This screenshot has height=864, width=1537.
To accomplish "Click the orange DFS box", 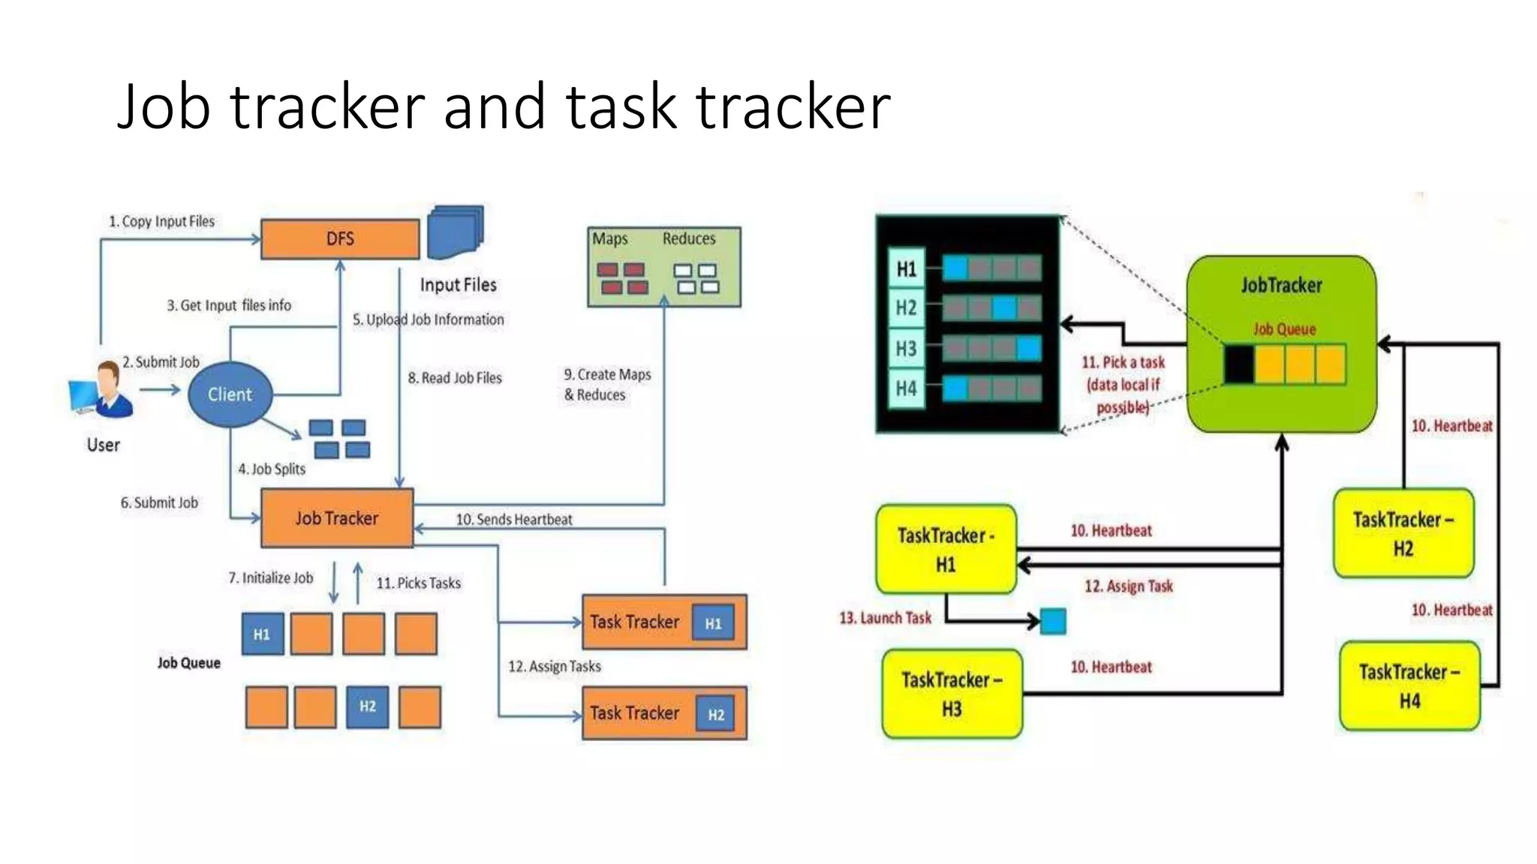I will [x=340, y=239].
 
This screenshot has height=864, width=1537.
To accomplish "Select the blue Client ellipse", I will [x=230, y=394].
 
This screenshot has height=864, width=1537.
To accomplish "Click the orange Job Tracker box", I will [x=337, y=518].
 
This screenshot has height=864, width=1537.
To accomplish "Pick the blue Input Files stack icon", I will [x=456, y=232].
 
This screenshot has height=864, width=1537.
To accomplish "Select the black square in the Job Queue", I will [x=1239, y=364].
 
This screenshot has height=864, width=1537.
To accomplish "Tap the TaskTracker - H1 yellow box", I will [x=946, y=549].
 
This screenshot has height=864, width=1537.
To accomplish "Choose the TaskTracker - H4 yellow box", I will [x=1409, y=685].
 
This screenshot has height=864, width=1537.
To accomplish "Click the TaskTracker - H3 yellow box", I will [x=952, y=694].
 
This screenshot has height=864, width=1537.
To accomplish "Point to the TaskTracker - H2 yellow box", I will [x=1403, y=533].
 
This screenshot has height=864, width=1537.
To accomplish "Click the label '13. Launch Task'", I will [x=885, y=618].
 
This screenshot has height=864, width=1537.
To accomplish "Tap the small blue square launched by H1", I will [x=1053, y=621].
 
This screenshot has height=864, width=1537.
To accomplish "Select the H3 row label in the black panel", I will [x=906, y=349].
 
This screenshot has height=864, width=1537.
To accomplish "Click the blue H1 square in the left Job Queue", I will [x=262, y=634].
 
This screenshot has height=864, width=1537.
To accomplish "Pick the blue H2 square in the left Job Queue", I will [x=367, y=706].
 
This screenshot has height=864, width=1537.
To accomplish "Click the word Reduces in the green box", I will [x=689, y=238].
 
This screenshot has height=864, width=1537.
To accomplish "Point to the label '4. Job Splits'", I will [x=272, y=469].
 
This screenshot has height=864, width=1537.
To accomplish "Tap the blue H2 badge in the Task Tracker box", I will [x=716, y=715].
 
